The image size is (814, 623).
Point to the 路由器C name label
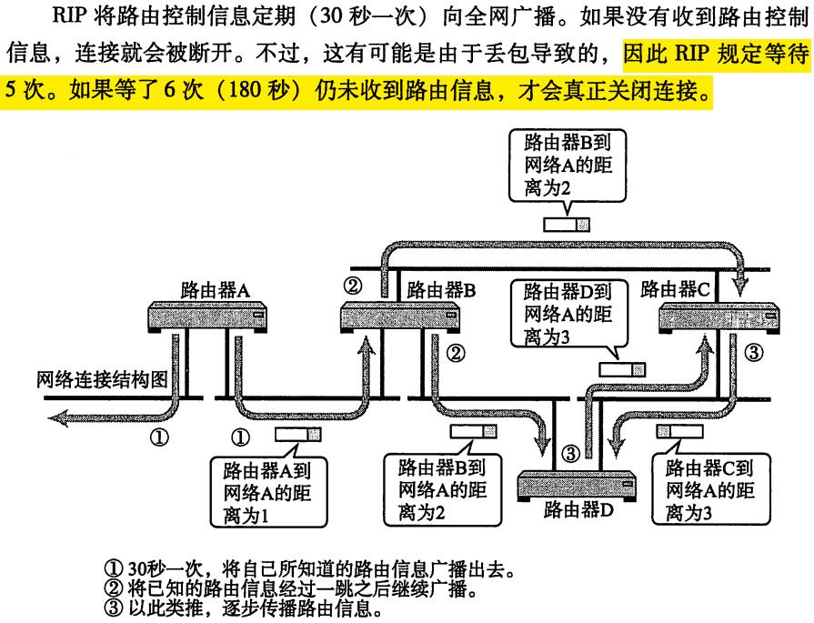[x=676, y=289]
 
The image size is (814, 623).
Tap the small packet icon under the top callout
[x=568, y=225]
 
